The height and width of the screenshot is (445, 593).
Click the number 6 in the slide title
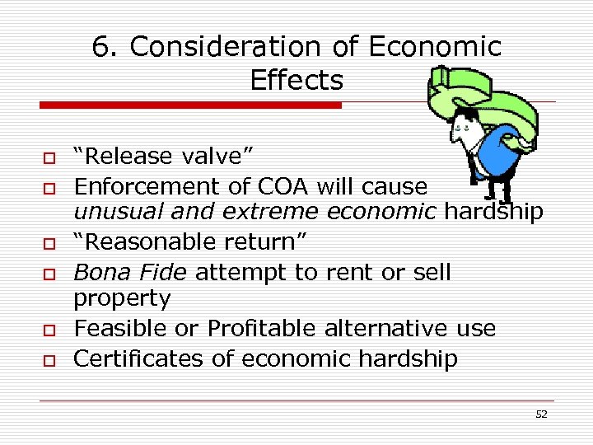tap(102, 48)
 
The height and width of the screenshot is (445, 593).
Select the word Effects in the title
tap(296, 81)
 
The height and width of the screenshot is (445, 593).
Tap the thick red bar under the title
tap(190, 105)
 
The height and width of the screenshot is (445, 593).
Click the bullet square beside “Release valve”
tap(49, 157)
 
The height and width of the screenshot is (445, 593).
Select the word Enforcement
tap(140, 185)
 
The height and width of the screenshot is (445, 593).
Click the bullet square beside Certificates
tap(49, 358)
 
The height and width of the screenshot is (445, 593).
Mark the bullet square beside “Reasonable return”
tap(49, 243)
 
